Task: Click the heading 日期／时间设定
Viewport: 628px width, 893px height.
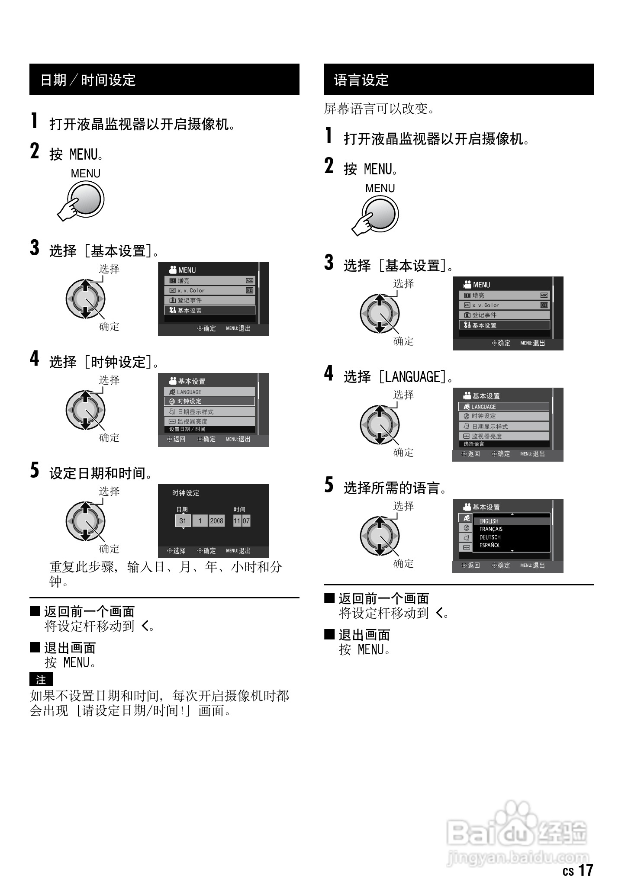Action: click(x=88, y=80)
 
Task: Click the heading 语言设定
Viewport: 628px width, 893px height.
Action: click(x=361, y=80)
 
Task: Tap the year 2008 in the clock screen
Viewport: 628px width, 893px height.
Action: click(x=216, y=521)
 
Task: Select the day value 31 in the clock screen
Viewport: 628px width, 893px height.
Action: click(x=183, y=521)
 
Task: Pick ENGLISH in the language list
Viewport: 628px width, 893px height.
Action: click(x=489, y=521)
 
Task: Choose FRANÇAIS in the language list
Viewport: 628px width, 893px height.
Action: click(x=491, y=529)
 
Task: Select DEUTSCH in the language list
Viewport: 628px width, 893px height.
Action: click(x=490, y=537)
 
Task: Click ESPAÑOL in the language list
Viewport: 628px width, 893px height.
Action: click(x=490, y=545)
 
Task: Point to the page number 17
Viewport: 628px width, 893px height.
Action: click(x=586, y=870)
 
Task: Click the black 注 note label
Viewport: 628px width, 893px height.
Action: click(x=41, y=680)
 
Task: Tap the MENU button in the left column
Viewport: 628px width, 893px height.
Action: click(x=86, y=199)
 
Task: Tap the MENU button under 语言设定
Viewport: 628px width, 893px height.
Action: click(x=380, y=214)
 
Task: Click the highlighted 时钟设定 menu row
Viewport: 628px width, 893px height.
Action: click(x=209, y=402)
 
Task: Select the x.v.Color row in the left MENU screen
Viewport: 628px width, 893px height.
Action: click(x=209, y=290)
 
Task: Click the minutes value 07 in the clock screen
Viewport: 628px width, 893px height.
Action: click(x=246, y=521)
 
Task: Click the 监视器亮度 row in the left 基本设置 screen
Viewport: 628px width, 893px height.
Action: click(x=209, y=421)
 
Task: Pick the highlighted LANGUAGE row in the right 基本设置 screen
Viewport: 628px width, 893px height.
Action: click(x=504, y=407)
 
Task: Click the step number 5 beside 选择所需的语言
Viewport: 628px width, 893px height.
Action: click(x=329, y=485)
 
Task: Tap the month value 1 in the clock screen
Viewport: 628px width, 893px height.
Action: click(x=200, y=521)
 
